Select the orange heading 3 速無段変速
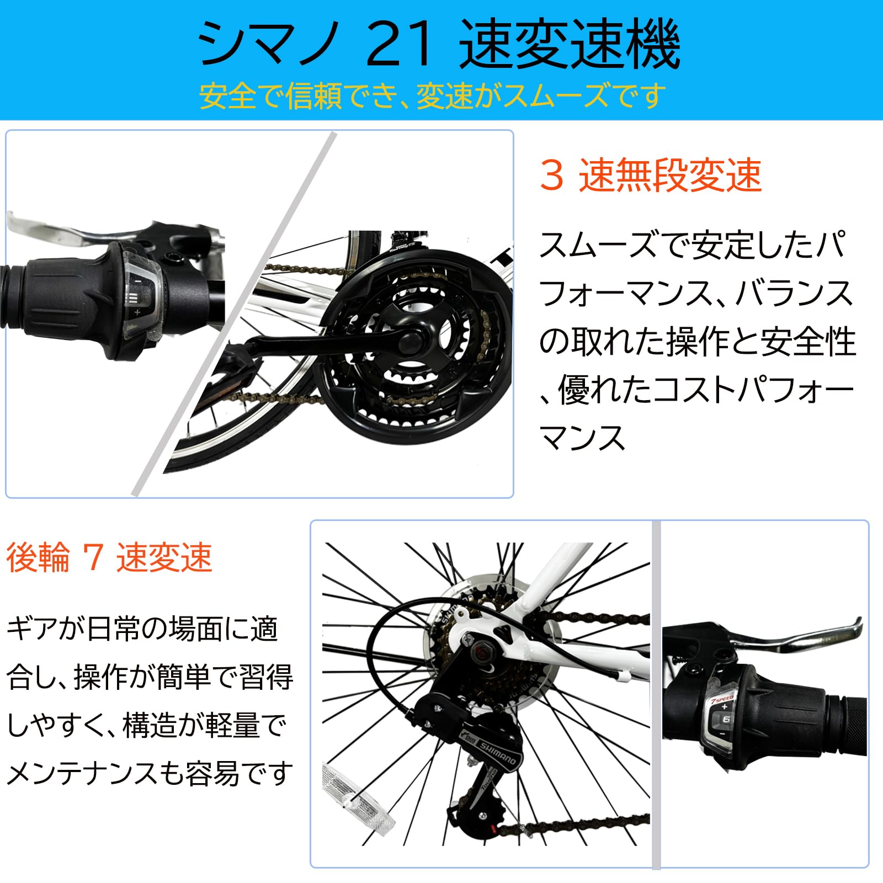(x=651, y=175)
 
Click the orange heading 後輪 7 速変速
(x=109, y=557)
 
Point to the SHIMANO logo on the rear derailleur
(x=497, y=752)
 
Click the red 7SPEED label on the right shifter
(x=722, y=700)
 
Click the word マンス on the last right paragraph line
(x=582, y=439)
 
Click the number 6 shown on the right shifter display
(x=726, y=719)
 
